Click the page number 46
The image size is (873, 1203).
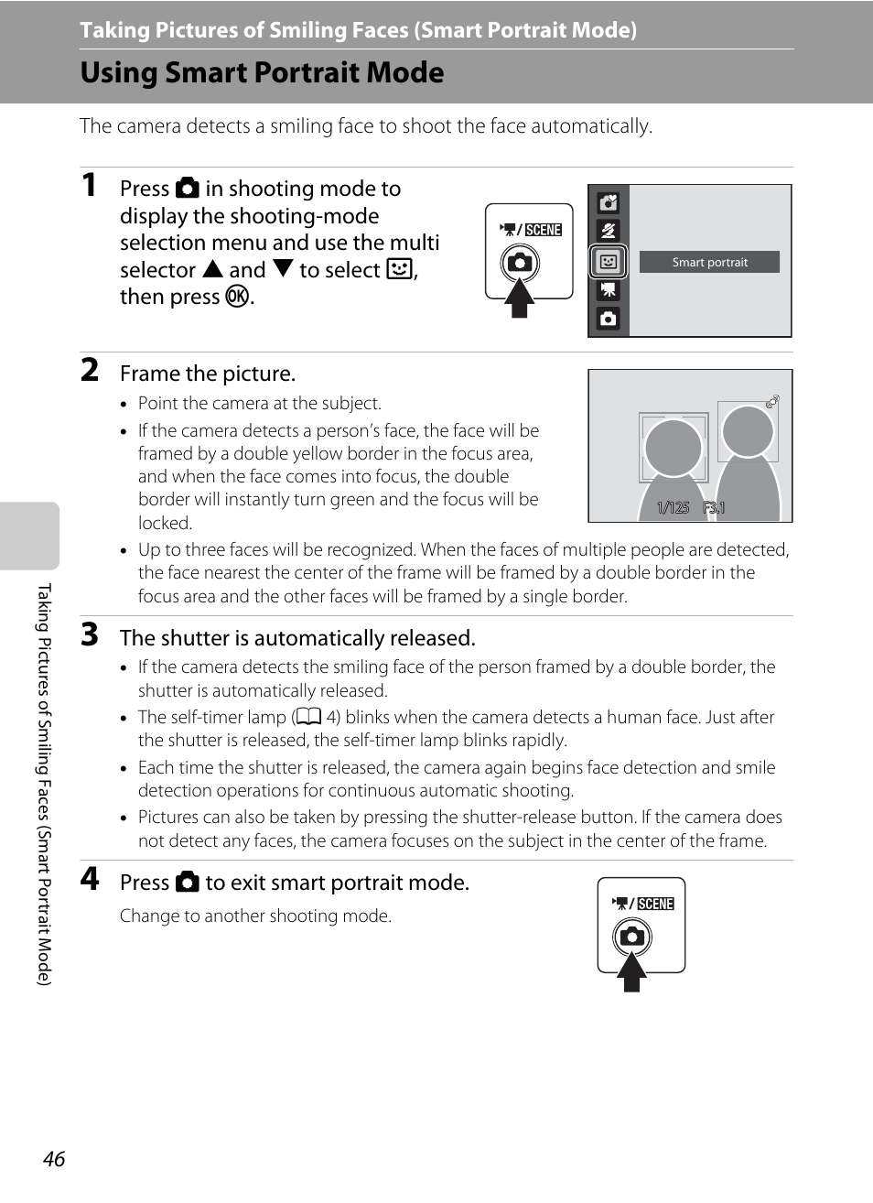click(54, 1159)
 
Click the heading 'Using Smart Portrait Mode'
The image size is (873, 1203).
click(262, 72)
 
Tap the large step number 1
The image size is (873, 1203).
click(89, 185)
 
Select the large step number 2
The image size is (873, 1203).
click(89, 370)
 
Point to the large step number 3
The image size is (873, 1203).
click(89, 634)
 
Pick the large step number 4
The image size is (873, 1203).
click(89, 879)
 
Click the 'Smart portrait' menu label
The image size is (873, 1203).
click(709, 263)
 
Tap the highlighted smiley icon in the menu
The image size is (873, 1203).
click(608, 262)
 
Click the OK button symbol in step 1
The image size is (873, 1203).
click(237, 297)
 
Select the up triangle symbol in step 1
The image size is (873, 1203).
click(213, 269)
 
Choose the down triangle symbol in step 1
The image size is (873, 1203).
click(283, 269)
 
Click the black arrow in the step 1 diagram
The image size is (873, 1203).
click(520, 298)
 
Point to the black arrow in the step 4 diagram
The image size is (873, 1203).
click(631, 972)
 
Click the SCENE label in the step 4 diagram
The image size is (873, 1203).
click(655, 904)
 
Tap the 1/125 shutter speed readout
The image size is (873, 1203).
click(673, 508)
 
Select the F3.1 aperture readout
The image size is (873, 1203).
click(714, 508)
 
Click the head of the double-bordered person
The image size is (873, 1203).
click(673, 447)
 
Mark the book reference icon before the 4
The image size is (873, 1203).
click(308, 718)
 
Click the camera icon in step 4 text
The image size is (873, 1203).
click(188, 883)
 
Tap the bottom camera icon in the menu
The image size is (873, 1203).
click(608, 320)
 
